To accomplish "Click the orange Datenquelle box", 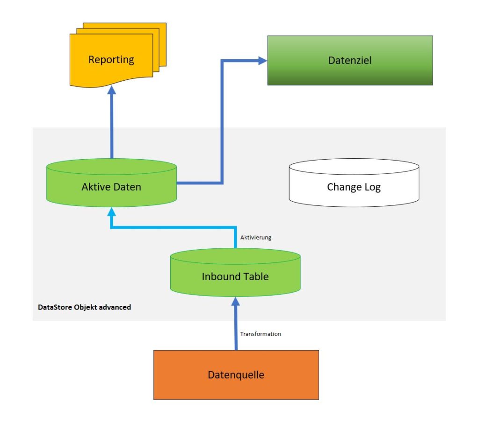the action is [x=236, y=375].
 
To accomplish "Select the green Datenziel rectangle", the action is [x=350, y=60].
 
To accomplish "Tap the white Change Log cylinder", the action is [x=354, y=183].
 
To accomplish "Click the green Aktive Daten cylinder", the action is [x=111, y=183].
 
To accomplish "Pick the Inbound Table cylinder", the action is [x=236, y=272].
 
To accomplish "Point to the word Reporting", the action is [x=111, y=60].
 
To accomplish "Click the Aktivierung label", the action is [x=256, y=238].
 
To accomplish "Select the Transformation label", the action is [x=261, y=334].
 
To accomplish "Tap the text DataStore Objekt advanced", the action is [x=84, y=307].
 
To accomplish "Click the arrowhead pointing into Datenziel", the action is [x=263, y=61].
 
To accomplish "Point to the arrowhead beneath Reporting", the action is [x=112, y=90].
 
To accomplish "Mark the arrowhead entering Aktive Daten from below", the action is [x=112, y=212].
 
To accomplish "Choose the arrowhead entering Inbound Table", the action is [x=236, y=302].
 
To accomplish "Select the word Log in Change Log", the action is [x=372, y=188].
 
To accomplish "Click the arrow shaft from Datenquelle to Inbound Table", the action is [x=236, y=328].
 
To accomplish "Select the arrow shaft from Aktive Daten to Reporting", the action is [x=112, y=126].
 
